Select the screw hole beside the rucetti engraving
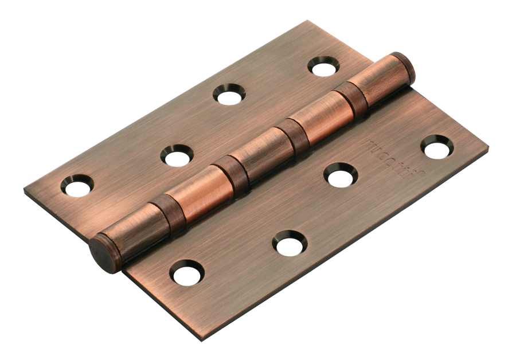[x=437, y=147]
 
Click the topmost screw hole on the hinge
[x=323, y=65]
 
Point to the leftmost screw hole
[x=77, y=185]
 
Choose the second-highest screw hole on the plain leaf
[x=229, y=94]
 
